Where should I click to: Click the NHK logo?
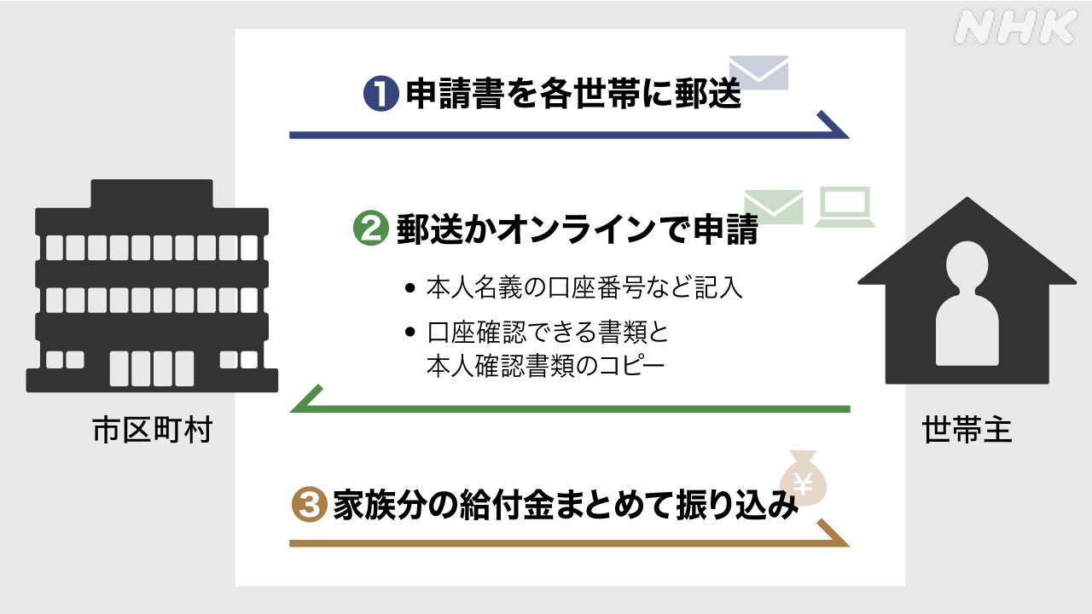pos(1014,28)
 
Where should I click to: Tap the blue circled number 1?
pos(381,94)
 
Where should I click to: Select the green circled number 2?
pos(370,229)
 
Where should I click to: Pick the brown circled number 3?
pos(310,505)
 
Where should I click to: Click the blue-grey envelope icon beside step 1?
pos(758,73)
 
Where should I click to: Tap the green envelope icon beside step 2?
pos(774,207)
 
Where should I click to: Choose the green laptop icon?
pos(845,207)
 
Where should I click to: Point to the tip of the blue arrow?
pos(846,135)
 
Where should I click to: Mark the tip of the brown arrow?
pos(846,542)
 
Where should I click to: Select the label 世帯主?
pos(967,431)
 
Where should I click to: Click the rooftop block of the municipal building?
pos(152,194)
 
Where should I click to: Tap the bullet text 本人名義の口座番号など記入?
pos(584,288)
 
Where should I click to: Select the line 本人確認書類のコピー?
pos(544,365)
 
